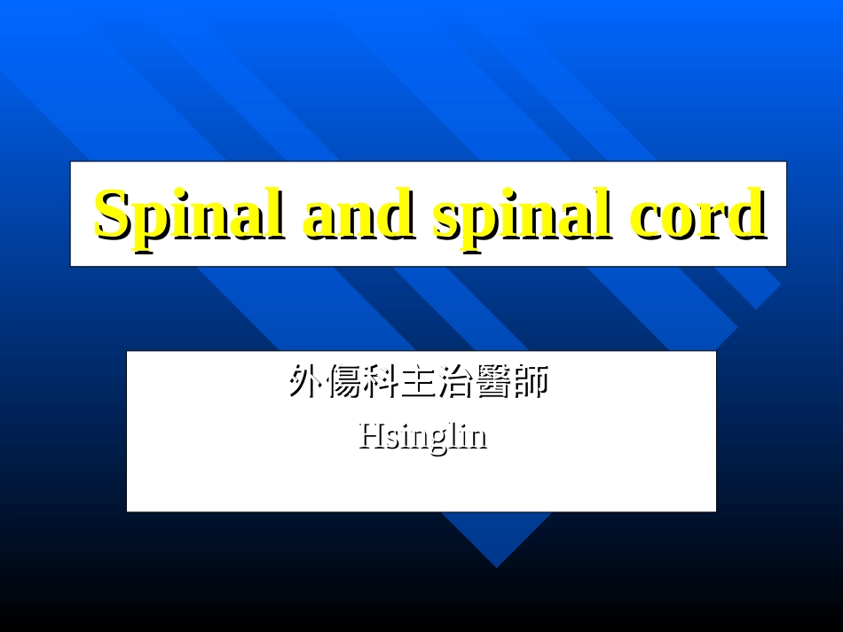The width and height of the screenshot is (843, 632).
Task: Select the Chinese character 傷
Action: [x=344, y=382]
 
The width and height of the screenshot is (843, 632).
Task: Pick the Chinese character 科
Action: [x=382, y=382]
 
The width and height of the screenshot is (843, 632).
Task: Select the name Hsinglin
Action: [x=422, y=436]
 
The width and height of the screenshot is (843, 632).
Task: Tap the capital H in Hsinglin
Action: [x=369, y=435]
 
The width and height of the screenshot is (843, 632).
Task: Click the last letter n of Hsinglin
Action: [x=479, y=438]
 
